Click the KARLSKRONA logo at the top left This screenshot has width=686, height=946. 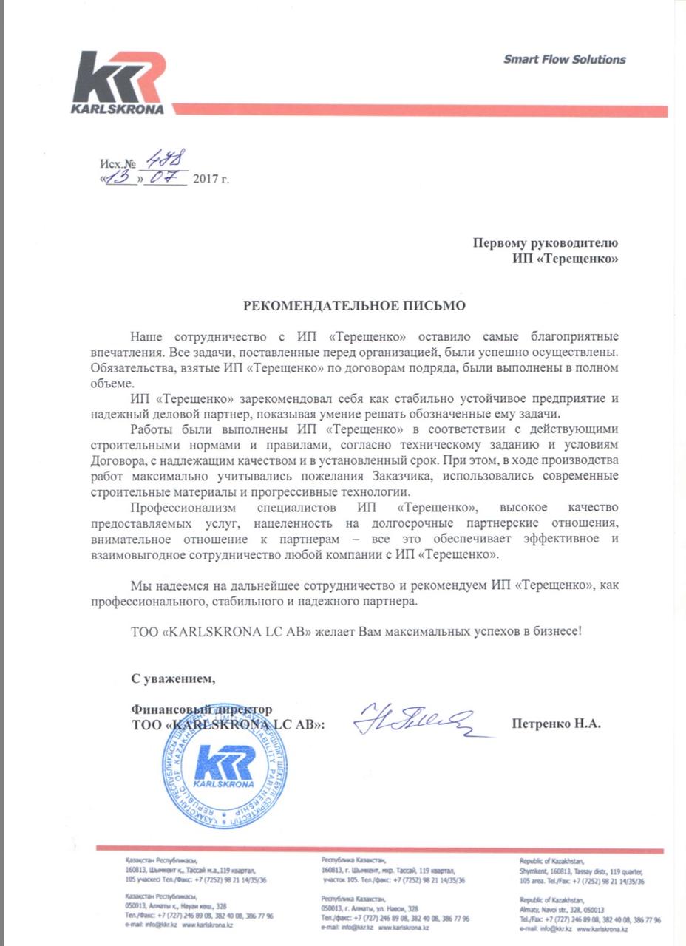[119, 84]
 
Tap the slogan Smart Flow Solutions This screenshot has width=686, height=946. [564, 60]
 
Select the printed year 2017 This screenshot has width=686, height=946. [205, 180]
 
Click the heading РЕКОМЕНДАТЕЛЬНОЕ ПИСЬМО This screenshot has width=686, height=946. [356, 304]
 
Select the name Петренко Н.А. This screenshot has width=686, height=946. [556, 724]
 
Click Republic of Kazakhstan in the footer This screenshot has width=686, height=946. [551, 861]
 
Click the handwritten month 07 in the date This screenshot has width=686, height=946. [165, 178]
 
